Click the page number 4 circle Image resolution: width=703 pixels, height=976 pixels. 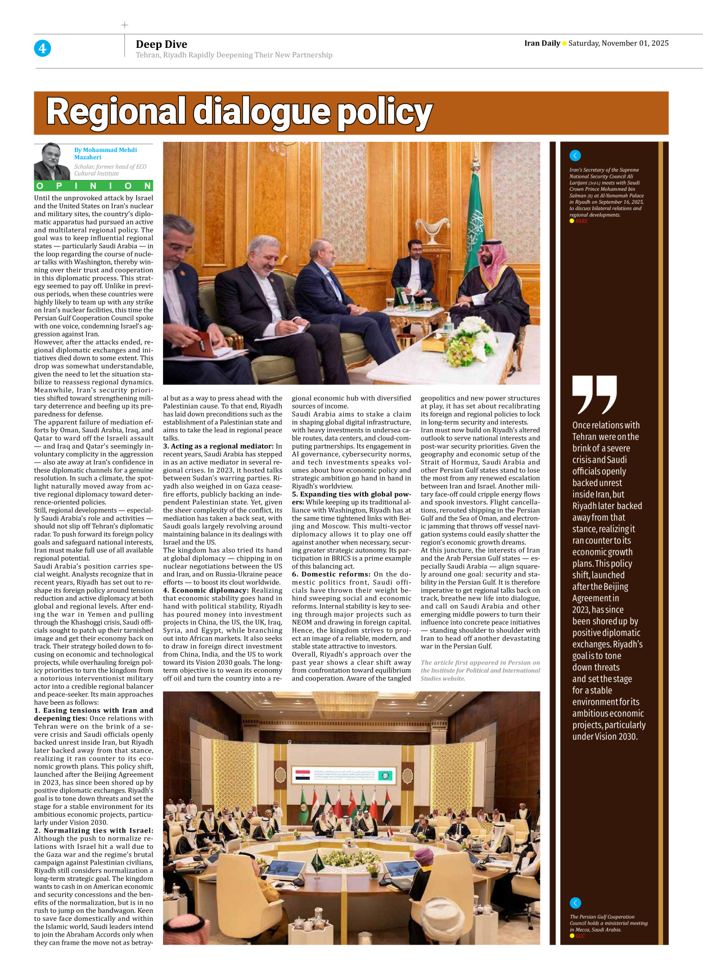(x=42, y=48)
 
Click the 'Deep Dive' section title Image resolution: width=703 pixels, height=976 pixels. (x=161, y=44)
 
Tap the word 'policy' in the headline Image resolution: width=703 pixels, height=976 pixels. (x=385, y=112)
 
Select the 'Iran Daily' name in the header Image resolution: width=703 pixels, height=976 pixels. (x=542, y=43)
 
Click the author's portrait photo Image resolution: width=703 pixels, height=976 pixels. (x=52, y=161)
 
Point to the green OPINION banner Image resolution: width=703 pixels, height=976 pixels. (x=93, y=186)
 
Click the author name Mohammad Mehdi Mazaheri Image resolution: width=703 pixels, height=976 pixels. (x=105, y=153)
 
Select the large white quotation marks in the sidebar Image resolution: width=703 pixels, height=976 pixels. (x=594, y=393)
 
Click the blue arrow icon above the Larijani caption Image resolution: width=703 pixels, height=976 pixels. (x=575, y=155)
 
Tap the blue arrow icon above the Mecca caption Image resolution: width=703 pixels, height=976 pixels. (x=575, y=903)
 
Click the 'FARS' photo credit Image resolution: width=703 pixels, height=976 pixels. (x=581, y=221)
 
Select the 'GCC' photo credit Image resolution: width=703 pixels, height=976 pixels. (x=580, y=936)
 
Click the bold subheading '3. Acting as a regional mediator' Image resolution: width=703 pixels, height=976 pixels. (x=218, y=446)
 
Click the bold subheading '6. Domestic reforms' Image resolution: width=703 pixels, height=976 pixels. (x=331, y=574)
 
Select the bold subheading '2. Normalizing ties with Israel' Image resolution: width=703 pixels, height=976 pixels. (x=93, y=830)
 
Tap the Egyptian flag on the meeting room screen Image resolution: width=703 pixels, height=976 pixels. (x=303, y=775)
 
